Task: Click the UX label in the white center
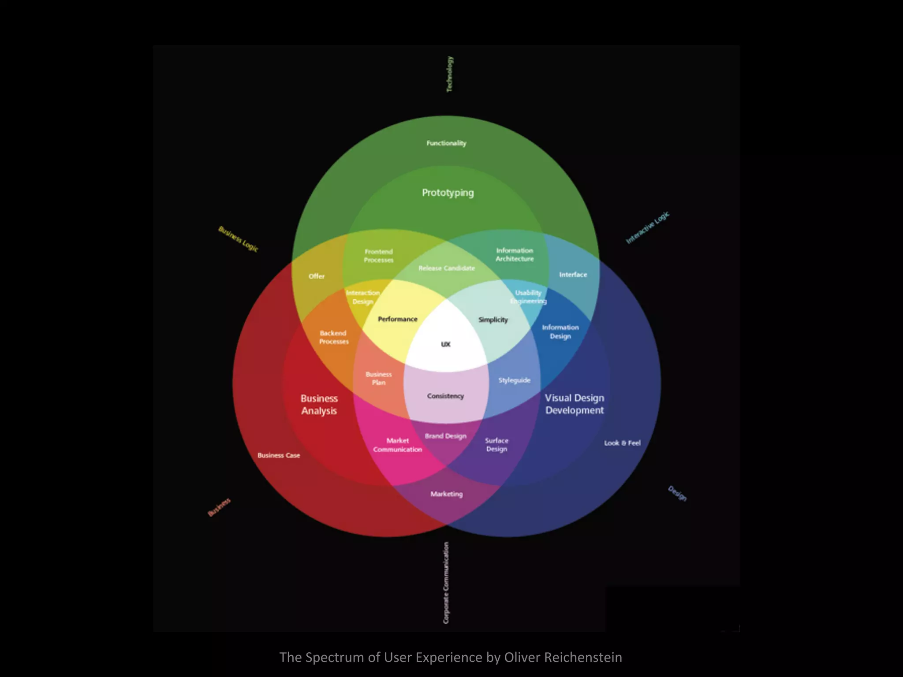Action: tap(446, 344)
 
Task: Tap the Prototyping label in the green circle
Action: tap(448, 193)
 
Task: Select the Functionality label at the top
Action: tap(446, 143)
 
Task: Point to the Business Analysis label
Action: tap(319, 405)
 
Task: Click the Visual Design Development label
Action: tap(574, 404)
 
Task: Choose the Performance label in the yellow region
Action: tap(397, 319)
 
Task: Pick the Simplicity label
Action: tap(493, 320)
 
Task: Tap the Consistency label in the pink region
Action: tap(445, 396)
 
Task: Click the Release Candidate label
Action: tap(447, 268)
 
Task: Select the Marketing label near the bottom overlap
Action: tap(447, 494)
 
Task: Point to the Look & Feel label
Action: tap(622, 443)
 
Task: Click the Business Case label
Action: tap(279, 455)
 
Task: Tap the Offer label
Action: tap(317, 276)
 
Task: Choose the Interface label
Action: tap(573, 275)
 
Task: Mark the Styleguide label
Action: tap(514, 380)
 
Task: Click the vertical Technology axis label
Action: tap(449, 74)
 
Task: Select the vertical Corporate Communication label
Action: tap(446, 583)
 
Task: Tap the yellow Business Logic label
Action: tap(238, 239)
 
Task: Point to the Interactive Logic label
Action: tap(647, 227)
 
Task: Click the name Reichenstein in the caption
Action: tap(583, 657)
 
